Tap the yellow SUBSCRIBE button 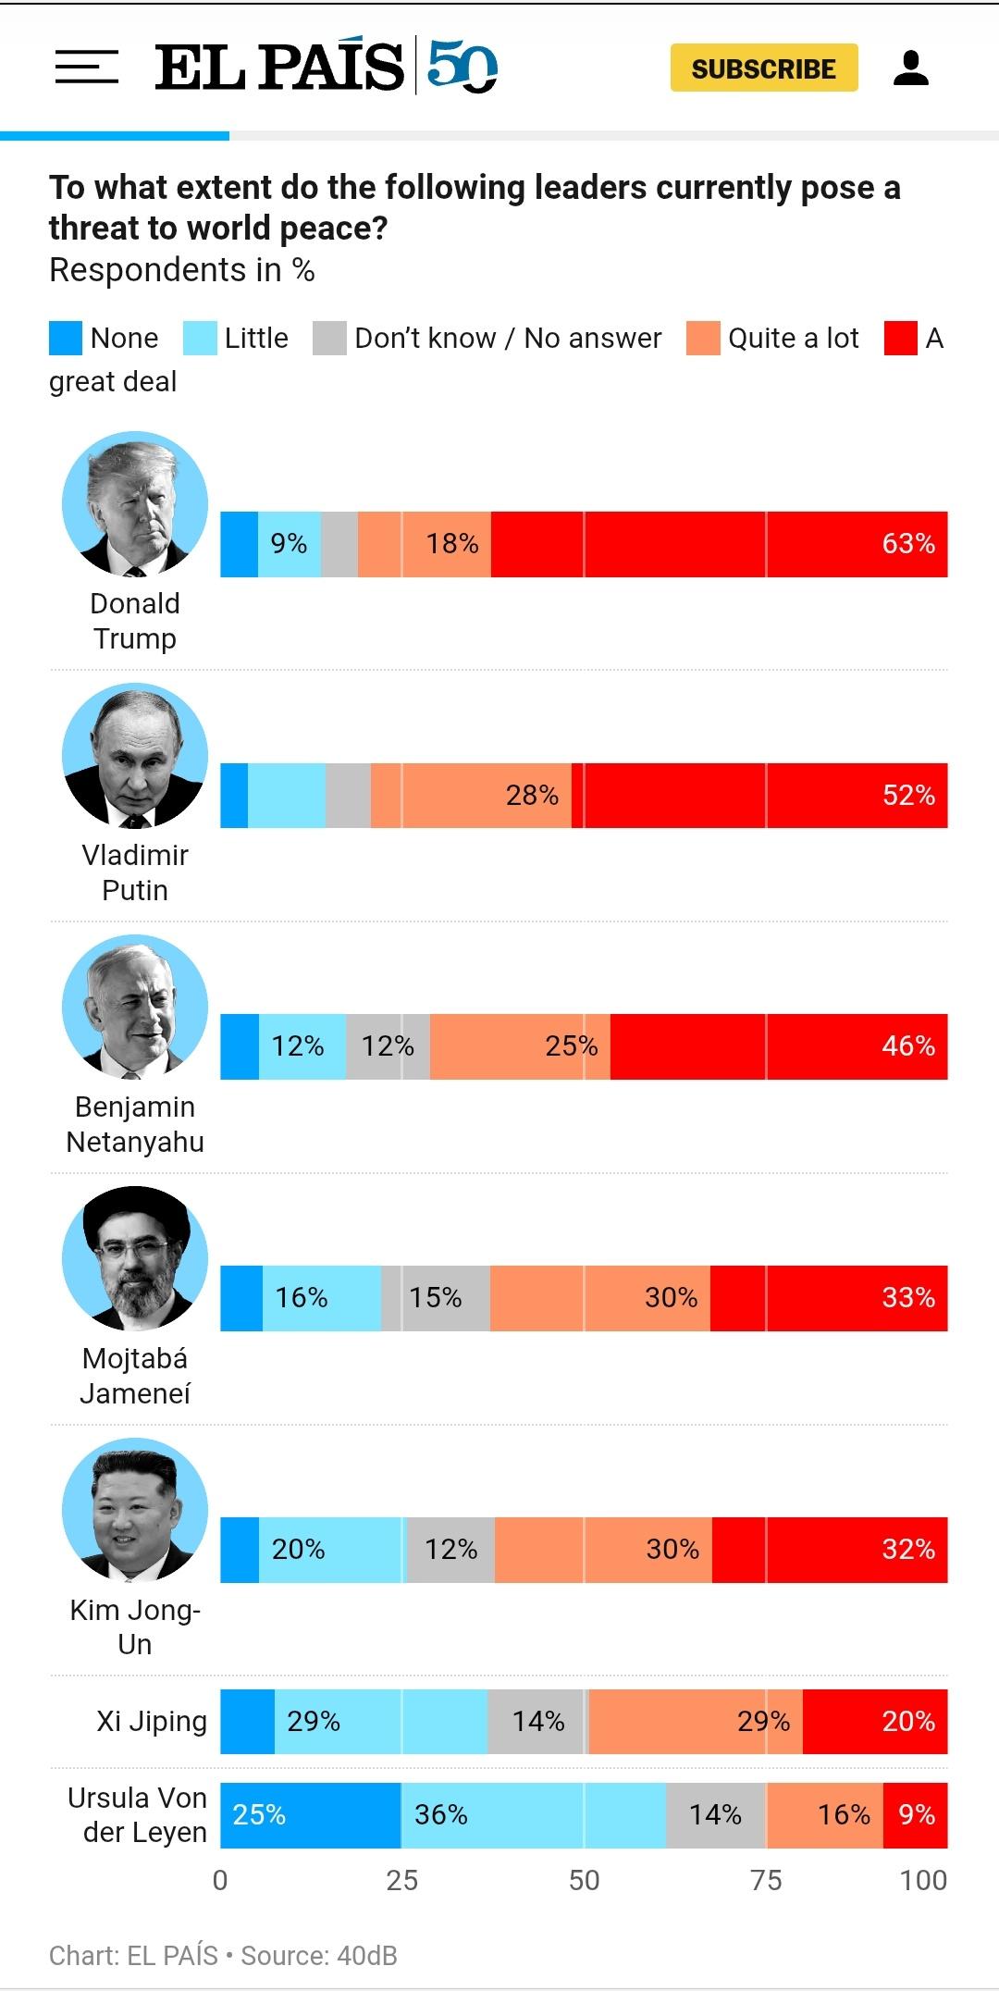coord(764,68)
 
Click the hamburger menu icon coord(86,68)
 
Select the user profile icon coord(910,68)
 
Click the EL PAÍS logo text coord(279,68)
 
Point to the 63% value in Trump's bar coord(907,544)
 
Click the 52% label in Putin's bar coord(907,796)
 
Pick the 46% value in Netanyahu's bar coord(907,1046)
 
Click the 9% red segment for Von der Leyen coord(916,1815)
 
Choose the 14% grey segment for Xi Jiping coord(537,1722)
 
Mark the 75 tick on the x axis coord(766,1880)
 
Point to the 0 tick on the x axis coord(220,1880)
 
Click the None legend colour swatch coord(66,339)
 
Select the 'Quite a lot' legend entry coord(793,339)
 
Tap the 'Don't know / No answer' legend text coord(508,339)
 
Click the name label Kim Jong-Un coord(135,1626)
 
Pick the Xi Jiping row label coord(152,1722)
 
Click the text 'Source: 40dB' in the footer coord(319,1956)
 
